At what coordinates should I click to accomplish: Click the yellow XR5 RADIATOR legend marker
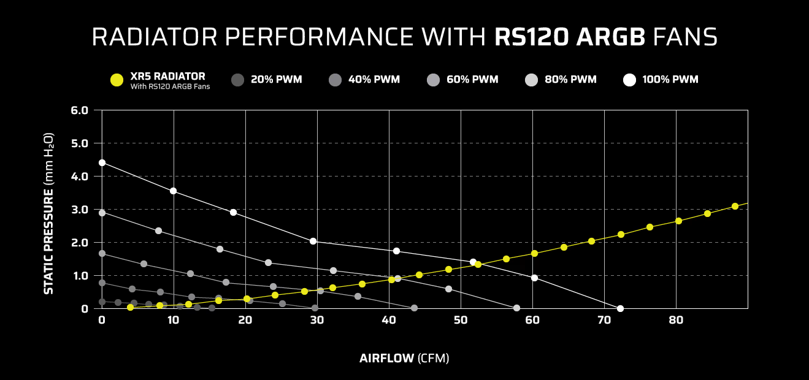(117, 80)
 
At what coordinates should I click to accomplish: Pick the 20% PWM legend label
(276, 80)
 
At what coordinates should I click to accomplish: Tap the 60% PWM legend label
(472, 80)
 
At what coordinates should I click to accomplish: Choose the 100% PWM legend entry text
(670, 80)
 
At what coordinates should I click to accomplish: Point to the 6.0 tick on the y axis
(80, 110)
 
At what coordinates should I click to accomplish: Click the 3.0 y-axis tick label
(80, 210)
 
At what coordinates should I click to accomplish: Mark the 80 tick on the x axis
(676, 320)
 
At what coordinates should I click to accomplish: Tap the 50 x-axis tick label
(461, 320)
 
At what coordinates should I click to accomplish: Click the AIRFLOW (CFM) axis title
(404, 359)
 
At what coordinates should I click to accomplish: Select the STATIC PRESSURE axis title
(49, 213)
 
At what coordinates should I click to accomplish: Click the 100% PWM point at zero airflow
(102, 162)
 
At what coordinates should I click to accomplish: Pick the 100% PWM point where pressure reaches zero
(620, 308)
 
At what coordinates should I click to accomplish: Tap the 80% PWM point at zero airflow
(102, 213)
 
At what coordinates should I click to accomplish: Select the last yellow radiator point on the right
(735, 206)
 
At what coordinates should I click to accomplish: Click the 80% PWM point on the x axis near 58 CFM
(516, 308)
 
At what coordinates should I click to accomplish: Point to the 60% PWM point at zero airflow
(102, 253)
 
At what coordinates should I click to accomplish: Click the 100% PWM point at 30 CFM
(313, 241)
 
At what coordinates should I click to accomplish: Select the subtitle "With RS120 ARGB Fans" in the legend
(170, 86)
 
